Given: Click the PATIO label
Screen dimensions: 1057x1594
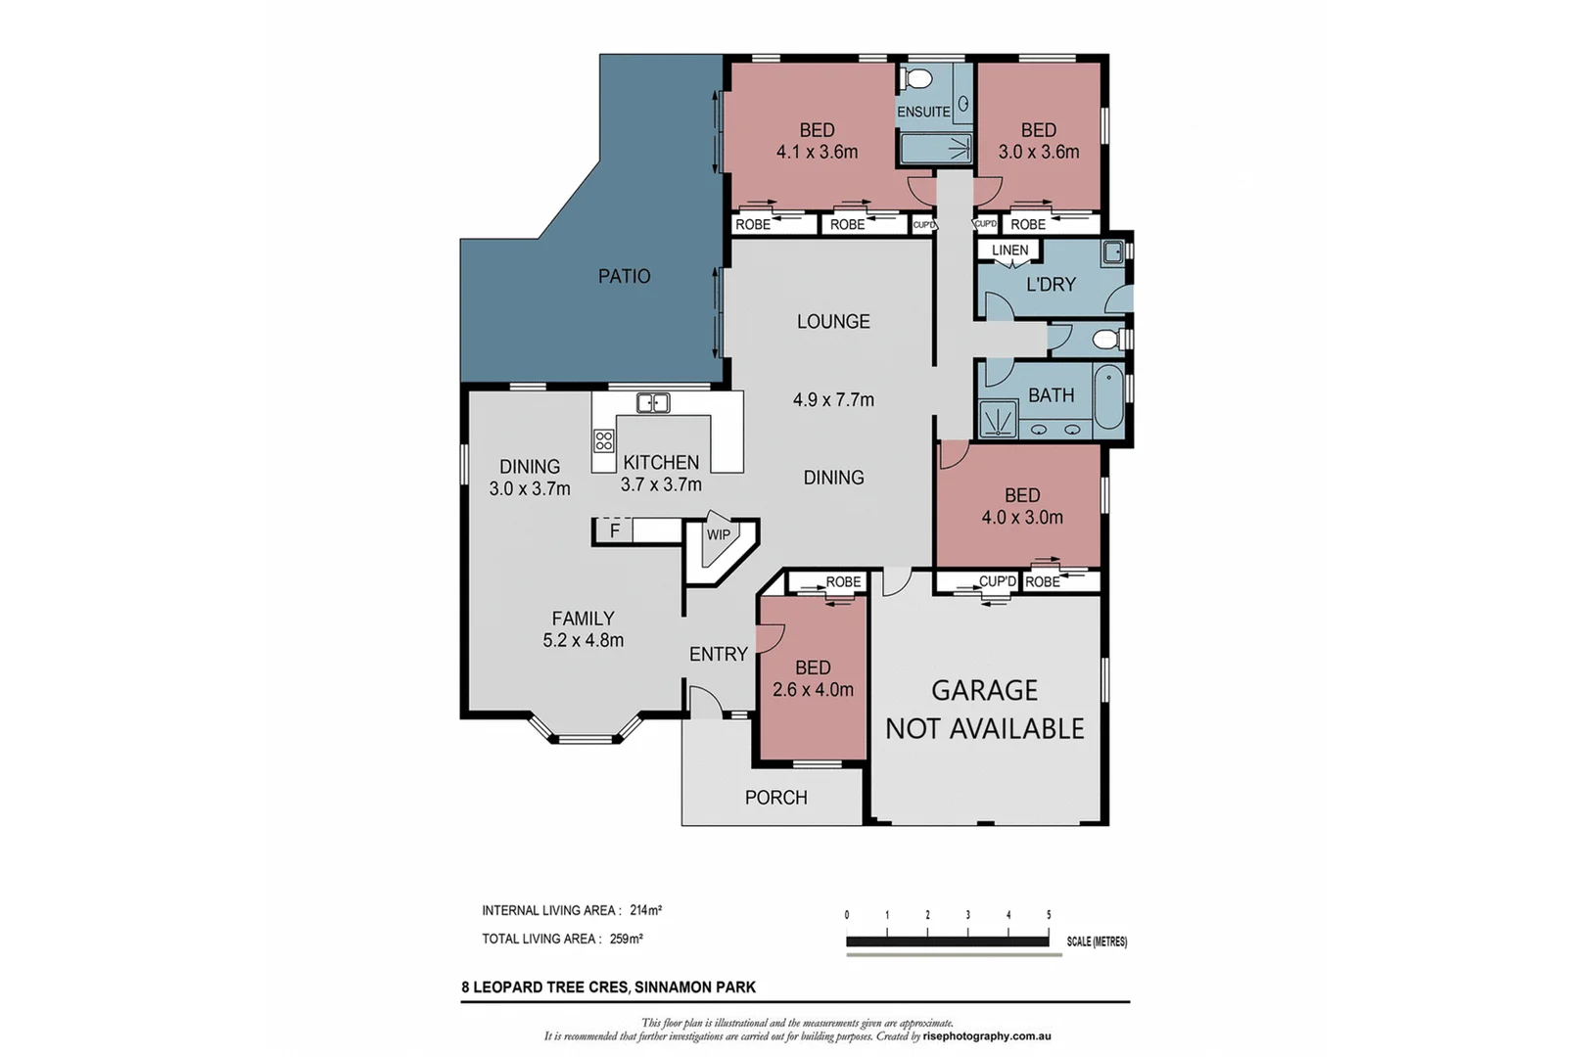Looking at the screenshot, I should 624,277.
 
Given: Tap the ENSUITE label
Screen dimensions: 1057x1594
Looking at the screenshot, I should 923,112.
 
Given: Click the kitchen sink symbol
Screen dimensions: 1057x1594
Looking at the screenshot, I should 652,402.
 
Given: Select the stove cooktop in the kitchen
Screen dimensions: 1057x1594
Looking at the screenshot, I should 603,440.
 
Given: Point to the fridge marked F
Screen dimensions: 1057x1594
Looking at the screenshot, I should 614,530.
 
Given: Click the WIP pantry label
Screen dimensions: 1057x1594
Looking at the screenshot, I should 719,534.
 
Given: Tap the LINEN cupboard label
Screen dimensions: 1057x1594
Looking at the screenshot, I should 1009,251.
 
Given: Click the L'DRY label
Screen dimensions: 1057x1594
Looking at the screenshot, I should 1051,285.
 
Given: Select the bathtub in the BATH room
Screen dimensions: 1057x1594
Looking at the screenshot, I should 1108,396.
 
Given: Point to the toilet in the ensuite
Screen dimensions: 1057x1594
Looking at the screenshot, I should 918,78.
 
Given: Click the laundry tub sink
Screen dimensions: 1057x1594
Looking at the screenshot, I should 1112,253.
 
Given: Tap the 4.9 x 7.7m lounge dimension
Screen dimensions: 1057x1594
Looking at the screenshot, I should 833,399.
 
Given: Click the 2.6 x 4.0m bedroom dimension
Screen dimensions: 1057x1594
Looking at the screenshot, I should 813,689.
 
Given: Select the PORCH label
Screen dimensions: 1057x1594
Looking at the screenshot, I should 775,798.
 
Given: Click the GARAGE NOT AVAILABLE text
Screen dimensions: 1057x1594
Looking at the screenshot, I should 984,710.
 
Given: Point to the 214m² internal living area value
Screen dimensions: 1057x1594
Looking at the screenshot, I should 646,910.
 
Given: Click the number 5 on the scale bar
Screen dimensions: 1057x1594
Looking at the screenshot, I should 1049,915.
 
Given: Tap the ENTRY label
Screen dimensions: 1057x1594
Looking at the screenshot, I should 718,654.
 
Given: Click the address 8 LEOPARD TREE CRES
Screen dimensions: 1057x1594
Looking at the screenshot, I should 543,988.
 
